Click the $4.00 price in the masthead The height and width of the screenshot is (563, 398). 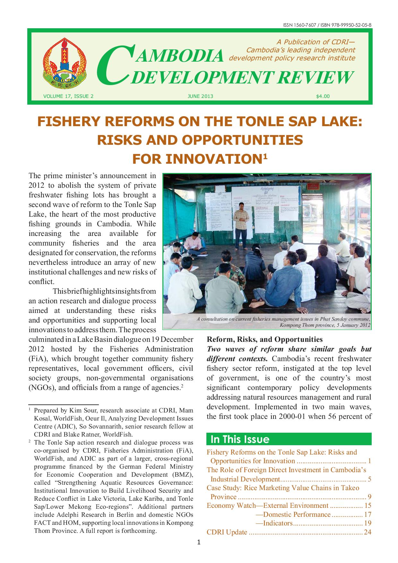click(323, 96)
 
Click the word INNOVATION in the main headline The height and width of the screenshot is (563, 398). click(197, 159)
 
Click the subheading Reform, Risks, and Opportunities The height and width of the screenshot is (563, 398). click(265, 339)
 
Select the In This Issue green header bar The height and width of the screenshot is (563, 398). click(289, 439)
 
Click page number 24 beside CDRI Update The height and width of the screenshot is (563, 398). click(368, 532)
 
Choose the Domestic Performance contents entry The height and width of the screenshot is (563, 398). click(297, 514)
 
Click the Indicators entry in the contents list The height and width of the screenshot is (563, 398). click(278, 523)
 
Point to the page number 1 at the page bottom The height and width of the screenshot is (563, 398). click(199, 543)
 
